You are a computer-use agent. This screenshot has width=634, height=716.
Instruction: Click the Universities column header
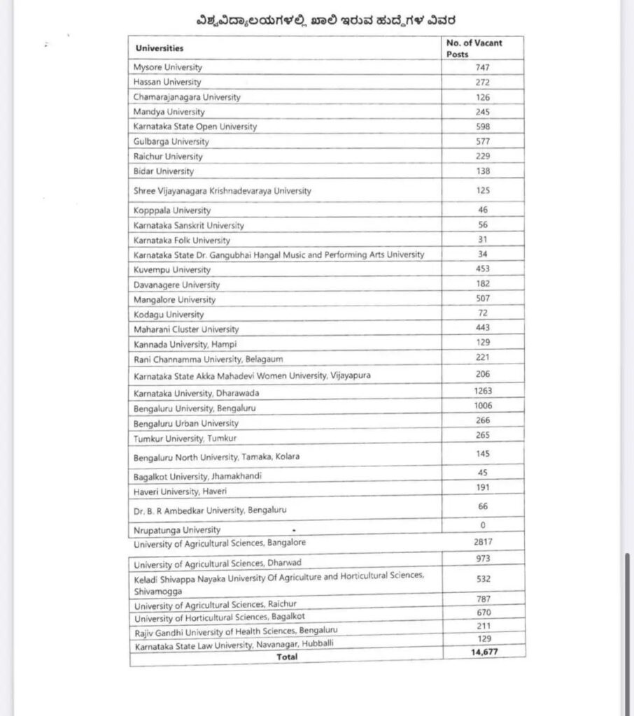(x=159, y=48)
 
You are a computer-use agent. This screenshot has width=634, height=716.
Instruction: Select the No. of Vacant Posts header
(x=474, y=48)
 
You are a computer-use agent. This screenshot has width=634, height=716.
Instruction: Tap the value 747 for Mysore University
(x=482, y=68)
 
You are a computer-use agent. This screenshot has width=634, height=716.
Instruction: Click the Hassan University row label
(x=167, y=83)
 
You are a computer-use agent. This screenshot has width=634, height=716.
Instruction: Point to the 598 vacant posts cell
(x=482, y=127)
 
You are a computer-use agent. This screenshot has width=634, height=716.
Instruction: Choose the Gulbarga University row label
(x=171, y=141)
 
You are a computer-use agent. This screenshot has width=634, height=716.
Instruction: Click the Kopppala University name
(x=171, y=210)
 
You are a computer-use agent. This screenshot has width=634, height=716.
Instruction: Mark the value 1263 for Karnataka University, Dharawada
(x=483, y=392)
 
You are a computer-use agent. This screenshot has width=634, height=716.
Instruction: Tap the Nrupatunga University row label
(x=177, y=530)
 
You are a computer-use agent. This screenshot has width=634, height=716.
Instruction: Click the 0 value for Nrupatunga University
(x=483, y=525)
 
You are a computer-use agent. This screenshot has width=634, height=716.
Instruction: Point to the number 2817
(x=484, y=541)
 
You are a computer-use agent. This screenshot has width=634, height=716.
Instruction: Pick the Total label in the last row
(x=287, y=657)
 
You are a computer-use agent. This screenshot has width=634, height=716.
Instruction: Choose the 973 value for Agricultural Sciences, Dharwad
(x=483, y=559)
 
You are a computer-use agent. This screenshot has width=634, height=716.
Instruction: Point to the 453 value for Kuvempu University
(x=482, y=268)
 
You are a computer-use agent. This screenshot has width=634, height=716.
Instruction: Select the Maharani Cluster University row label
(x=186, y=329)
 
